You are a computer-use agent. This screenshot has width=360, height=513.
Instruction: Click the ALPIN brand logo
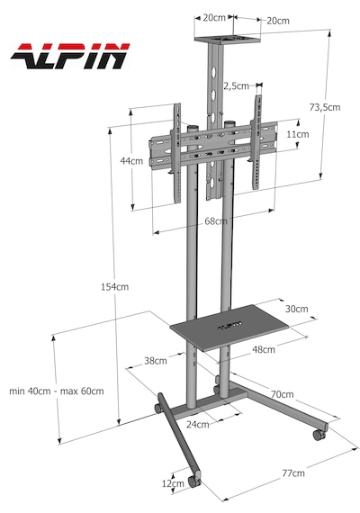click(x=70, y=57)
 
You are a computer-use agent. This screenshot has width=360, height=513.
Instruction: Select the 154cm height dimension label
click(x=114, y=287)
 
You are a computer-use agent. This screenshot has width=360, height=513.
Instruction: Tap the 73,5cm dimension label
click(x=325, y=107)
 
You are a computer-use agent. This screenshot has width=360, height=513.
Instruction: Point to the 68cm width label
click(x=216, y=221)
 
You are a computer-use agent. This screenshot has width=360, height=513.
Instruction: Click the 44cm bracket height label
click(x=131, y=161)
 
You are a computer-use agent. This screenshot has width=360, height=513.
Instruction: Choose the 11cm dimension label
click(x=298, y=134)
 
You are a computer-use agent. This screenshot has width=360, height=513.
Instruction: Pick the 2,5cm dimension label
click(x=237, y=86)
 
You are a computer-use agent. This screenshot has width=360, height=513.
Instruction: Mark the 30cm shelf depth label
click(x=296, y=309)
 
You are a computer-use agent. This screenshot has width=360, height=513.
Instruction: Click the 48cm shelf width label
click(x=264, y=349)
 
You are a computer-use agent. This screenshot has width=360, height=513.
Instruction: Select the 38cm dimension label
click(x=156, y=361)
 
